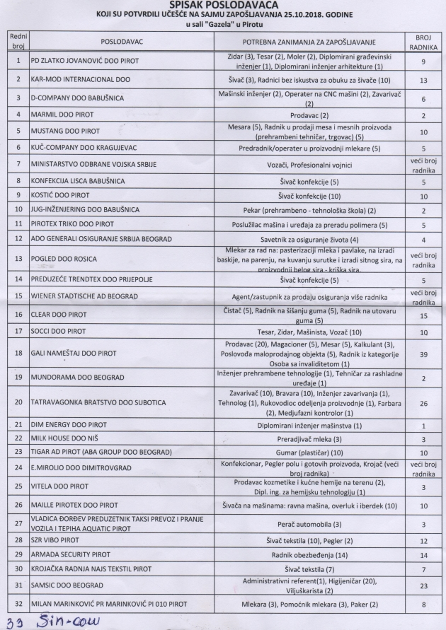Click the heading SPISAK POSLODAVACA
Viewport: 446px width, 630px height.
(224, 5)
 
